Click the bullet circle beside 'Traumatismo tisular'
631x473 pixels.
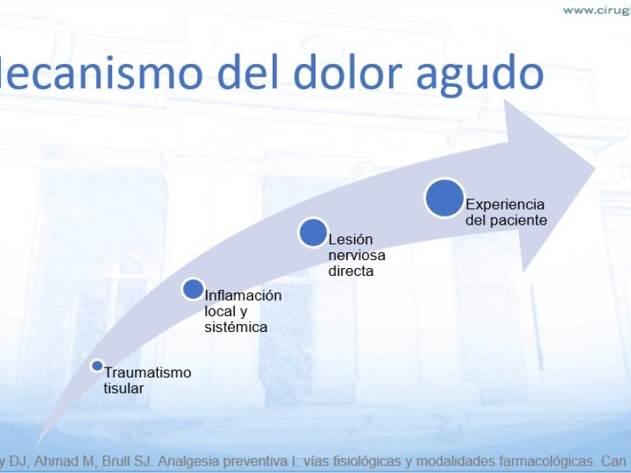(97, 366)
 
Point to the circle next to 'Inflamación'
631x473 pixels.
(193, 289)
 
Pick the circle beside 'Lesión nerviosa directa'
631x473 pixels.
(313, 233)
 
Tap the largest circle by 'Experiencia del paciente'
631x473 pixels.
(445, 199)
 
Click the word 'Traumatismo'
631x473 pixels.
(147, 372)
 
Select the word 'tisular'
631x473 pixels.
(124, 388)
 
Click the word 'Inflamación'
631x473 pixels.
(243, 295)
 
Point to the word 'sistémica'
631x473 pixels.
(236, 327)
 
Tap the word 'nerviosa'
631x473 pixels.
(357, 255)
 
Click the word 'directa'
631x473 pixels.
(351, 271)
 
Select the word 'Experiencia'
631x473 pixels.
(505, 205)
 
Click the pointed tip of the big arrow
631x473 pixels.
(595, 168)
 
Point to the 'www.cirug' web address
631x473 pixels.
(597, 10)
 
